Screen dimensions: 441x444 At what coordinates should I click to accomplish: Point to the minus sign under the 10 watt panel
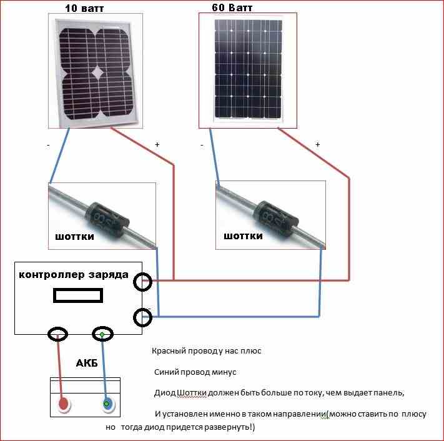pos(49,145)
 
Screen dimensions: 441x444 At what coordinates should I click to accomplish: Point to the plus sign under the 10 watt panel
pos(157,145)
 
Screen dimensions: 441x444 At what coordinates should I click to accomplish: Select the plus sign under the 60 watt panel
pos(317,145)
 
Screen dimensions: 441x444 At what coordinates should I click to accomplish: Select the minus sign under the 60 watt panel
pos(202,145)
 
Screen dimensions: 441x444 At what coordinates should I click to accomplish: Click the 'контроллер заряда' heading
pos(74,275)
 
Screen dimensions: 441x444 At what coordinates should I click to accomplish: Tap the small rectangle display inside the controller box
pos(79,295)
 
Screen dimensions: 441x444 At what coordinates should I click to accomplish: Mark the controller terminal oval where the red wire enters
pos(143,282)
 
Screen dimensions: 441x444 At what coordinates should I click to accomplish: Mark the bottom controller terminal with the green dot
pos(102,335)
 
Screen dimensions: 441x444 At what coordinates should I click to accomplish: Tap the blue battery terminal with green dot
pos(107,404)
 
